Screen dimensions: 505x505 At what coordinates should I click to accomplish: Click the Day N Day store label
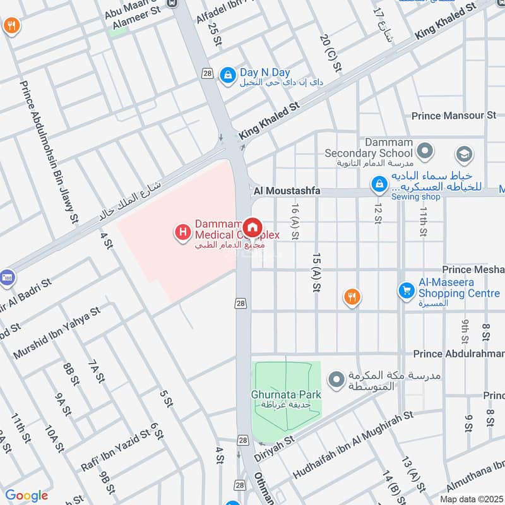264,73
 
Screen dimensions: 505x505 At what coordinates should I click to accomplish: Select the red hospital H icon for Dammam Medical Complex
182,233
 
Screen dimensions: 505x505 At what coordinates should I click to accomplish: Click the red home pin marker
252,227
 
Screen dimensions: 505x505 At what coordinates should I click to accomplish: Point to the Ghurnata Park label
287,395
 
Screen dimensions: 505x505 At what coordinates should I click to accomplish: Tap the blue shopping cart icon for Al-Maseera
405,290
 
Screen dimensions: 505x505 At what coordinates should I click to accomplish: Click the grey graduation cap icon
464,154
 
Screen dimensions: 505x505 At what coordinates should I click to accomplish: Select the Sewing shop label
415,197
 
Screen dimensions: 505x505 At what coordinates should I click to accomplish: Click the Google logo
27,496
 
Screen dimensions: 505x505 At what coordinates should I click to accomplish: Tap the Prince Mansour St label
454,116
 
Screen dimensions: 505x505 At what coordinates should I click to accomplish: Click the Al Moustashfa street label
287,191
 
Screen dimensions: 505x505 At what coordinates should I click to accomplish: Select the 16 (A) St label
295,221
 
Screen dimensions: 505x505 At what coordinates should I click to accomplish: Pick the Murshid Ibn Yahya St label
56,334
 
